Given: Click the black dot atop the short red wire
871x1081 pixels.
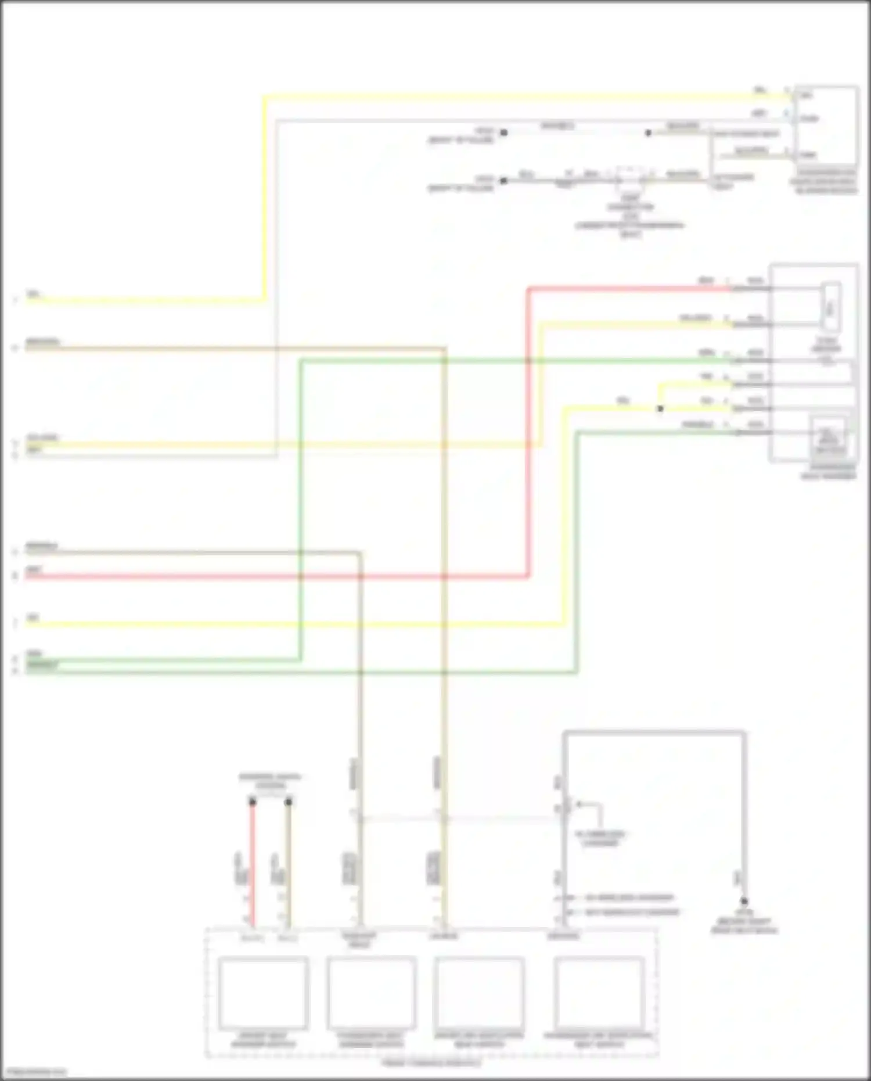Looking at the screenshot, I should [253, 802].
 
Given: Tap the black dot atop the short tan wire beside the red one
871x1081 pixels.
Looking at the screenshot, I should [288, 802].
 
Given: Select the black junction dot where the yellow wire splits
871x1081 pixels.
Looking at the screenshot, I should [660, 409].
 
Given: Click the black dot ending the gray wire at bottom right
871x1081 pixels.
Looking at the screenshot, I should [743, 902].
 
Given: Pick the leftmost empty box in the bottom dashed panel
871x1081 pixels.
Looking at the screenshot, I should [263, 993].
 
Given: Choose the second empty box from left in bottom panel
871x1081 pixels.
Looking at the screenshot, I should [372, 993].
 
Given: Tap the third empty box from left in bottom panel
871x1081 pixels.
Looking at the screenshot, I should [479, 993].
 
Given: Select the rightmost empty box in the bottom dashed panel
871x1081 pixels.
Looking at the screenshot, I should [599, 993].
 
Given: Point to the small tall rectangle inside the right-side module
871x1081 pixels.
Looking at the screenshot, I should [831, 307].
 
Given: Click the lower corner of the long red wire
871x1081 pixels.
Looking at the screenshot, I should [529, 577].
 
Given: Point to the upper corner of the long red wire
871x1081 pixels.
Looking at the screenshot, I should [529, 288].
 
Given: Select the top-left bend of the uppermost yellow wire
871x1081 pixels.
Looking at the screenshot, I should [265, 97].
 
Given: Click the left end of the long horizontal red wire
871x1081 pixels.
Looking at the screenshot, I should [27, 577].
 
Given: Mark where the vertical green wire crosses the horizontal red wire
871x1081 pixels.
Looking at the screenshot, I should [301, 577].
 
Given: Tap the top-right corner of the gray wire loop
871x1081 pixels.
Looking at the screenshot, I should [743, 733].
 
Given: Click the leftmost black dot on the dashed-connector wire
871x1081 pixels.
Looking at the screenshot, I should [503, 181].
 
